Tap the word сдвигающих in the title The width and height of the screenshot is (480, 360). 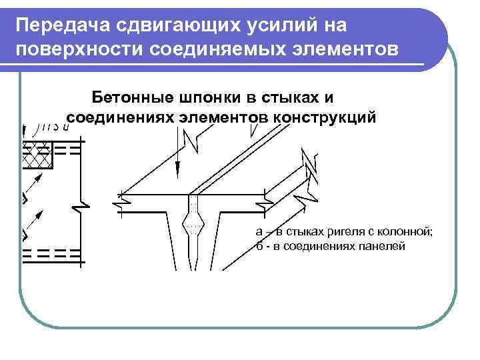pyautogui.click(x=158, y=26)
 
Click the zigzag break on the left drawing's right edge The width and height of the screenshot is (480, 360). pyautogui.click(x=81, y=203)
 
